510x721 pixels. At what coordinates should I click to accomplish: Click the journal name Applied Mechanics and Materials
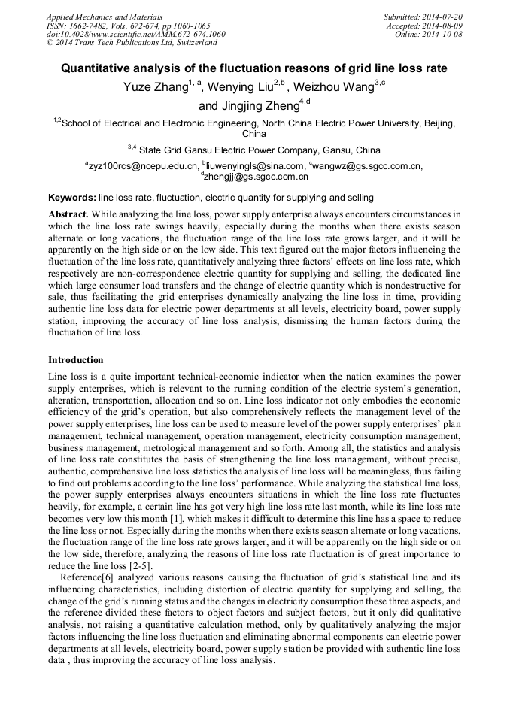(x=104, y=16)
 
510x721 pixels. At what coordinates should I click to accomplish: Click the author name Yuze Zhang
(x=155, y=88)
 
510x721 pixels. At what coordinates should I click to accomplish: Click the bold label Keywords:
(x=71, y=198)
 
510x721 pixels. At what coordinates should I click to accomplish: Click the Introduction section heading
(x=76, y=360)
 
